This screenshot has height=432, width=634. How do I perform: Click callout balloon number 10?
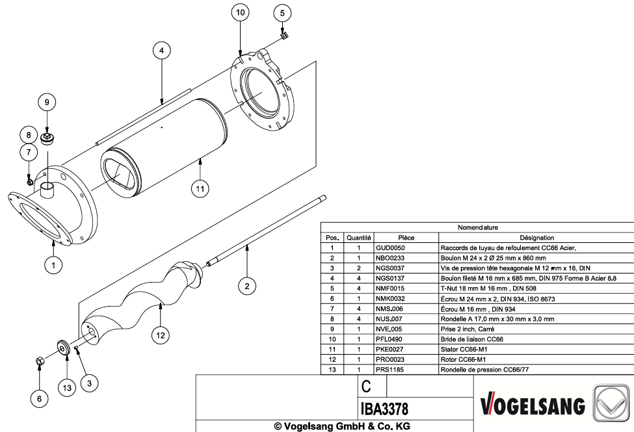240,12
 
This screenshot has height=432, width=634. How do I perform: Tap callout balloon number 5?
282,13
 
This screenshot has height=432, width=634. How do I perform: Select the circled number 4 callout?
162,51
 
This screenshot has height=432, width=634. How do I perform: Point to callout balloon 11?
200,189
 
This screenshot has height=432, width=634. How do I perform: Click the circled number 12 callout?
161,335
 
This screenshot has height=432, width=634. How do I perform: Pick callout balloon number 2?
247,286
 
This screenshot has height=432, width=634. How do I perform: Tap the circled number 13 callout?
67,388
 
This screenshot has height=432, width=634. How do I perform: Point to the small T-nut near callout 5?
284,36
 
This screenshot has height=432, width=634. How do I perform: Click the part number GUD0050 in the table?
390,248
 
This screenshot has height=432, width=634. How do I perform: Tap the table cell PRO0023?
390,359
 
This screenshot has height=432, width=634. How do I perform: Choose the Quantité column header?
359,238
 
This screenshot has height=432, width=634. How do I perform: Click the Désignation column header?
536,238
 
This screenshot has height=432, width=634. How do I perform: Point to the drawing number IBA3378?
384,409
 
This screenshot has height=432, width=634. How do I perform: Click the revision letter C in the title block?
366,387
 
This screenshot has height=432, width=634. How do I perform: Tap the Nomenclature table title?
477,227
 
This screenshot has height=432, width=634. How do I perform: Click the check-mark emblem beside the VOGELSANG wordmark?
611,403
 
